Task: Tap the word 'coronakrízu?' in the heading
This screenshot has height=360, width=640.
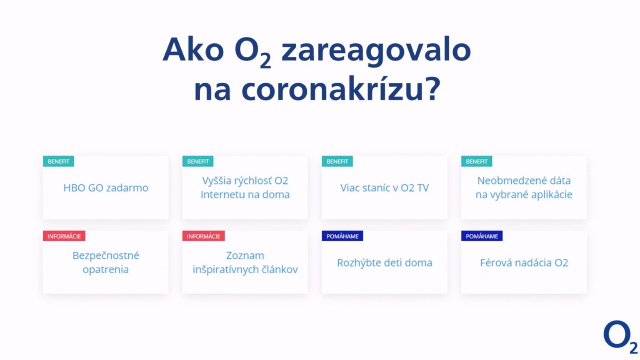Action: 341,89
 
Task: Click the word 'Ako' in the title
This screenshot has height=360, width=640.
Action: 193,49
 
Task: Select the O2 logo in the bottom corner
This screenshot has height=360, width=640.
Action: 620,337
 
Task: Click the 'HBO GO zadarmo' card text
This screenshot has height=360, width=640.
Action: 106,188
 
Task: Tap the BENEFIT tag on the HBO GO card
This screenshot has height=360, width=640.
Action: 59,161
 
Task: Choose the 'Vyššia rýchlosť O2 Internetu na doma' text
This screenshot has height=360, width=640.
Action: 245,187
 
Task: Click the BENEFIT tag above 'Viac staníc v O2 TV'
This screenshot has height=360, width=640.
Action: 337,161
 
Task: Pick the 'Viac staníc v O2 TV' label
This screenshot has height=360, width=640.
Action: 385,188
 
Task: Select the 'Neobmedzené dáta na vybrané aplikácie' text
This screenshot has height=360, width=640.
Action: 524,187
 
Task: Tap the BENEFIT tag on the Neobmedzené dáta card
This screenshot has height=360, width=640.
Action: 477,161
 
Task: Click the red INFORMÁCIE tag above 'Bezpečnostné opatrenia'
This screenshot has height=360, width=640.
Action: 64,236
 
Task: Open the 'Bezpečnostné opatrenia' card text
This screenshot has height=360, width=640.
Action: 106,262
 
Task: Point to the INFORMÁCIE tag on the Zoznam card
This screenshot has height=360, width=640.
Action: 203,236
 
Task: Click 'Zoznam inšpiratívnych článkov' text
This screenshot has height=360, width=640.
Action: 245,262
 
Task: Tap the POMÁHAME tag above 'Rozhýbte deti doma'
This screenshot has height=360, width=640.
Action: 342,236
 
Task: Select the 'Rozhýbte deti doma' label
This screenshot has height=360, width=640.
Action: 385,263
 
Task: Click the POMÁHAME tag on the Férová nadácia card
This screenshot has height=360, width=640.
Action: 482,236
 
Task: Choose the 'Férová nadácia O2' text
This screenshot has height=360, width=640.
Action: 524,262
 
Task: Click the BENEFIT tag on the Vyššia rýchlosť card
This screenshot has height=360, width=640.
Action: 198,161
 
